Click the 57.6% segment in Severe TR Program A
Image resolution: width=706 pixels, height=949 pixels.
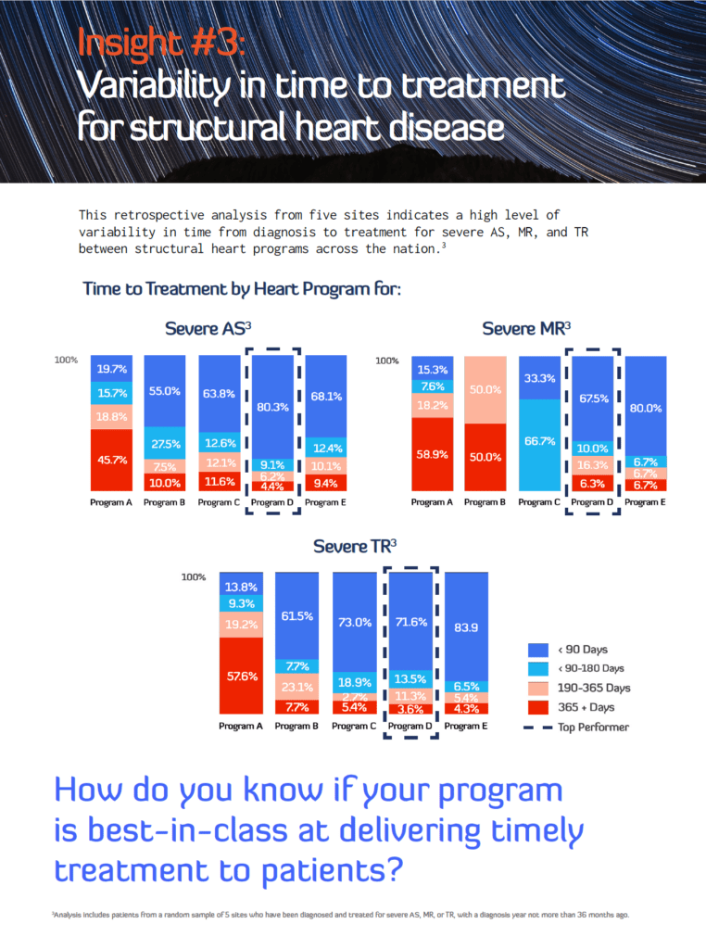coord(242,677)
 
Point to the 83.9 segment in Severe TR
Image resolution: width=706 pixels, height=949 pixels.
coord(468,626)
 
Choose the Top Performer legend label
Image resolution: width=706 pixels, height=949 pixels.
coord(593,727)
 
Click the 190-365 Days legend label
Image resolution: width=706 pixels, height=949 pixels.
coord(595,688)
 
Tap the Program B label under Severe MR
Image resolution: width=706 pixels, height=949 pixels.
coord(482,502)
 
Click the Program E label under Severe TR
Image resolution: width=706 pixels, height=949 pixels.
coord(467,726)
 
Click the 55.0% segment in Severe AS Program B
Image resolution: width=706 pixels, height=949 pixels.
coord(165,391)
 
